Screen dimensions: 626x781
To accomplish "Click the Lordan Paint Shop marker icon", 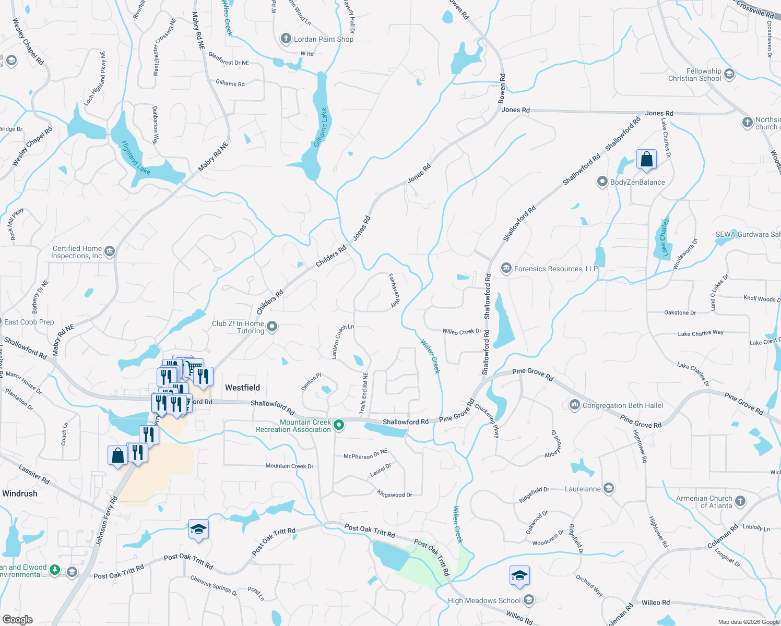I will (x=286, y=39).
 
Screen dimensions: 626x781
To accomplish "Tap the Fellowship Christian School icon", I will (x=729, y=74).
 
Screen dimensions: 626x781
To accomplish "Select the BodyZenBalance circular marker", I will (x=602, y=182).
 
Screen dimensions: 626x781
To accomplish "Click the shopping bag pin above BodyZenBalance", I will (x=646, y=159).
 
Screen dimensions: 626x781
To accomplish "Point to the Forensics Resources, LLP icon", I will (x=506, y=269).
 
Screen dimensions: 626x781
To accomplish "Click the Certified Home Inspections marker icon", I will (x=109, y=252).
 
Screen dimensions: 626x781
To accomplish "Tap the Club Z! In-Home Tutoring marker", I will (x=272, y=327).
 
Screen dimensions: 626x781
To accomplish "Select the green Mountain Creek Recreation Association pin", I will (x=339, y=426).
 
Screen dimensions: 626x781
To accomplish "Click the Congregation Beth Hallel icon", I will (x=574, y=405).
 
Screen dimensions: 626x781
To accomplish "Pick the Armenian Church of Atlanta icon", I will (x=740, y=502).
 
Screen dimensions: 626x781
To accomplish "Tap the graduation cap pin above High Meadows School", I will (x=519, y=575).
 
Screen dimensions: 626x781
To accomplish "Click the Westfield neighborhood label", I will (x=242, y=388).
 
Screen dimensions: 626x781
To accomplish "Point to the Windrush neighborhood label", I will (x=20, y=493).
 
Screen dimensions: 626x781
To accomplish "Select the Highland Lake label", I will (x=136, y=158).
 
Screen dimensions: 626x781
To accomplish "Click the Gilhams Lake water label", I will (x=321, y=128).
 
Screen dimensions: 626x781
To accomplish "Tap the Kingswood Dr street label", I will (x=395, y=494).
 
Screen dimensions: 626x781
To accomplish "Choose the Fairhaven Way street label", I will (x=394, y=290).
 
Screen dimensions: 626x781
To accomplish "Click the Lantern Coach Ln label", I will (x=342, y=341).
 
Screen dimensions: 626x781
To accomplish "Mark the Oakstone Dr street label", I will (x=680, y=312).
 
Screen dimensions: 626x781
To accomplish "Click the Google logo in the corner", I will (x=18, y=619).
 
